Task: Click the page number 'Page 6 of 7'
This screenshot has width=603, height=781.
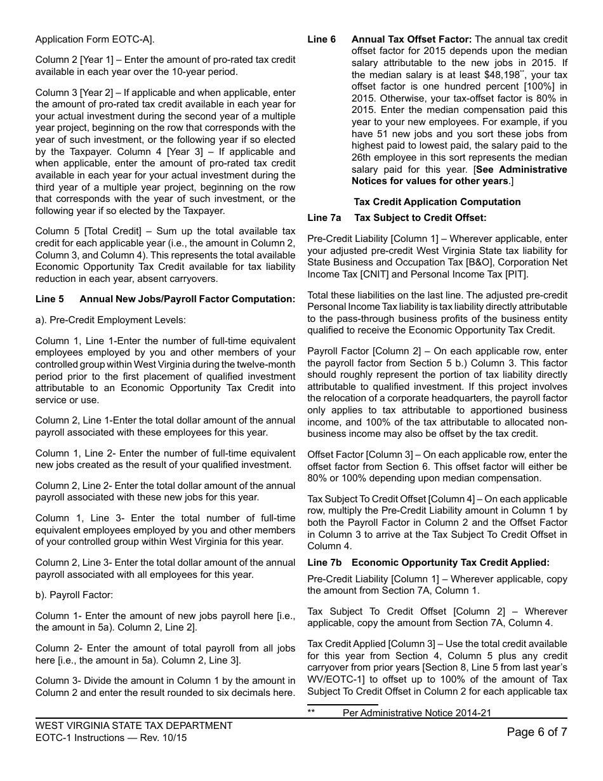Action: [536, 731]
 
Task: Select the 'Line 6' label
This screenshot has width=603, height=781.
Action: [322, 39]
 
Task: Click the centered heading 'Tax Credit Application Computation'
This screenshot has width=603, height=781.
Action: [437, 202]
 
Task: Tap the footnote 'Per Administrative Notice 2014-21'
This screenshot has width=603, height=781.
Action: [416, 713]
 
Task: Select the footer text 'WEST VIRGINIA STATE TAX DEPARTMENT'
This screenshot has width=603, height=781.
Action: [134, 726]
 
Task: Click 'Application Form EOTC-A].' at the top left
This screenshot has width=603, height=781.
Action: [95, 39]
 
